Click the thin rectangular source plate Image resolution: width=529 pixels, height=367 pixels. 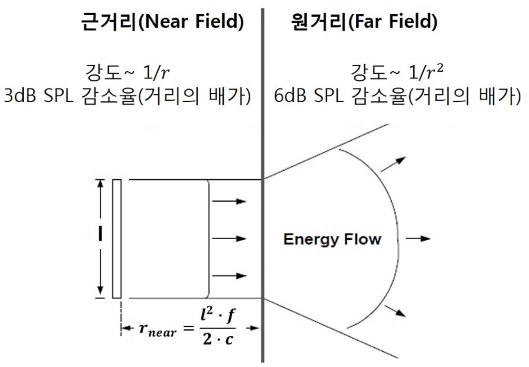pos(117,238)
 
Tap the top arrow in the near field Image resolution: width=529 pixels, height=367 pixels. pos(229,201)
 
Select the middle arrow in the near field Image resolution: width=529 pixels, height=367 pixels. pos(229,238)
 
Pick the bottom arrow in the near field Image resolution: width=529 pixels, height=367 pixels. pos(229,276)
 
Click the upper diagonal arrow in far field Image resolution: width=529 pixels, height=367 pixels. pos(393,164)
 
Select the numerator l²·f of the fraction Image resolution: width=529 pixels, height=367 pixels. pos(217,318)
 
